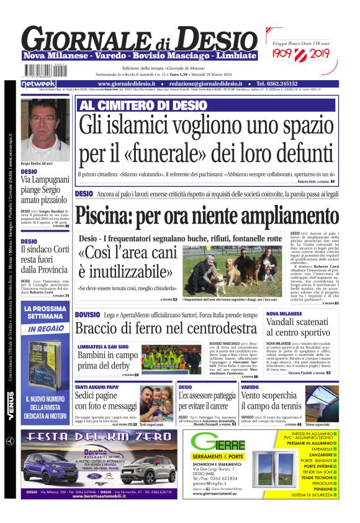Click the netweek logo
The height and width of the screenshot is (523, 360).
point(38,83)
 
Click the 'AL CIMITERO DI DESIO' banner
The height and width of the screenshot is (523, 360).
point(135,106)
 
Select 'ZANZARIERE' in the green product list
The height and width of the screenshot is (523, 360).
point(318,454)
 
